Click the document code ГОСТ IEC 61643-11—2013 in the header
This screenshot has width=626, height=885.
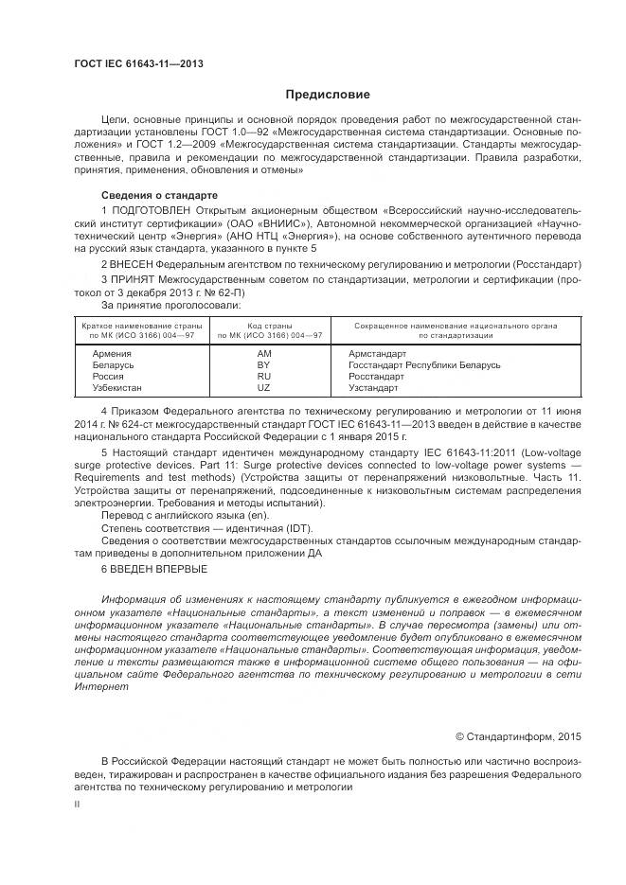click(x=138, y=64)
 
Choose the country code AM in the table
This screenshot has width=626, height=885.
click(x=264, y=353)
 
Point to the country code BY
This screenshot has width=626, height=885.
click(x=264, y=364)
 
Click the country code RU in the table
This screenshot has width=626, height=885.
click(x=264, y=377)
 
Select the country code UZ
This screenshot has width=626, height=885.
click(x=264, y=388)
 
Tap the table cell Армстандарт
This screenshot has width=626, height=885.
click(x=377, y=353)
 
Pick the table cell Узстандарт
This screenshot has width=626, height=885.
click(x=375, y=388)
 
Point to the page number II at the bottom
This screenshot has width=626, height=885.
click(x=78, y=803)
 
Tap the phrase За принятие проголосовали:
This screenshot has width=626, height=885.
click(x=171, y=305)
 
